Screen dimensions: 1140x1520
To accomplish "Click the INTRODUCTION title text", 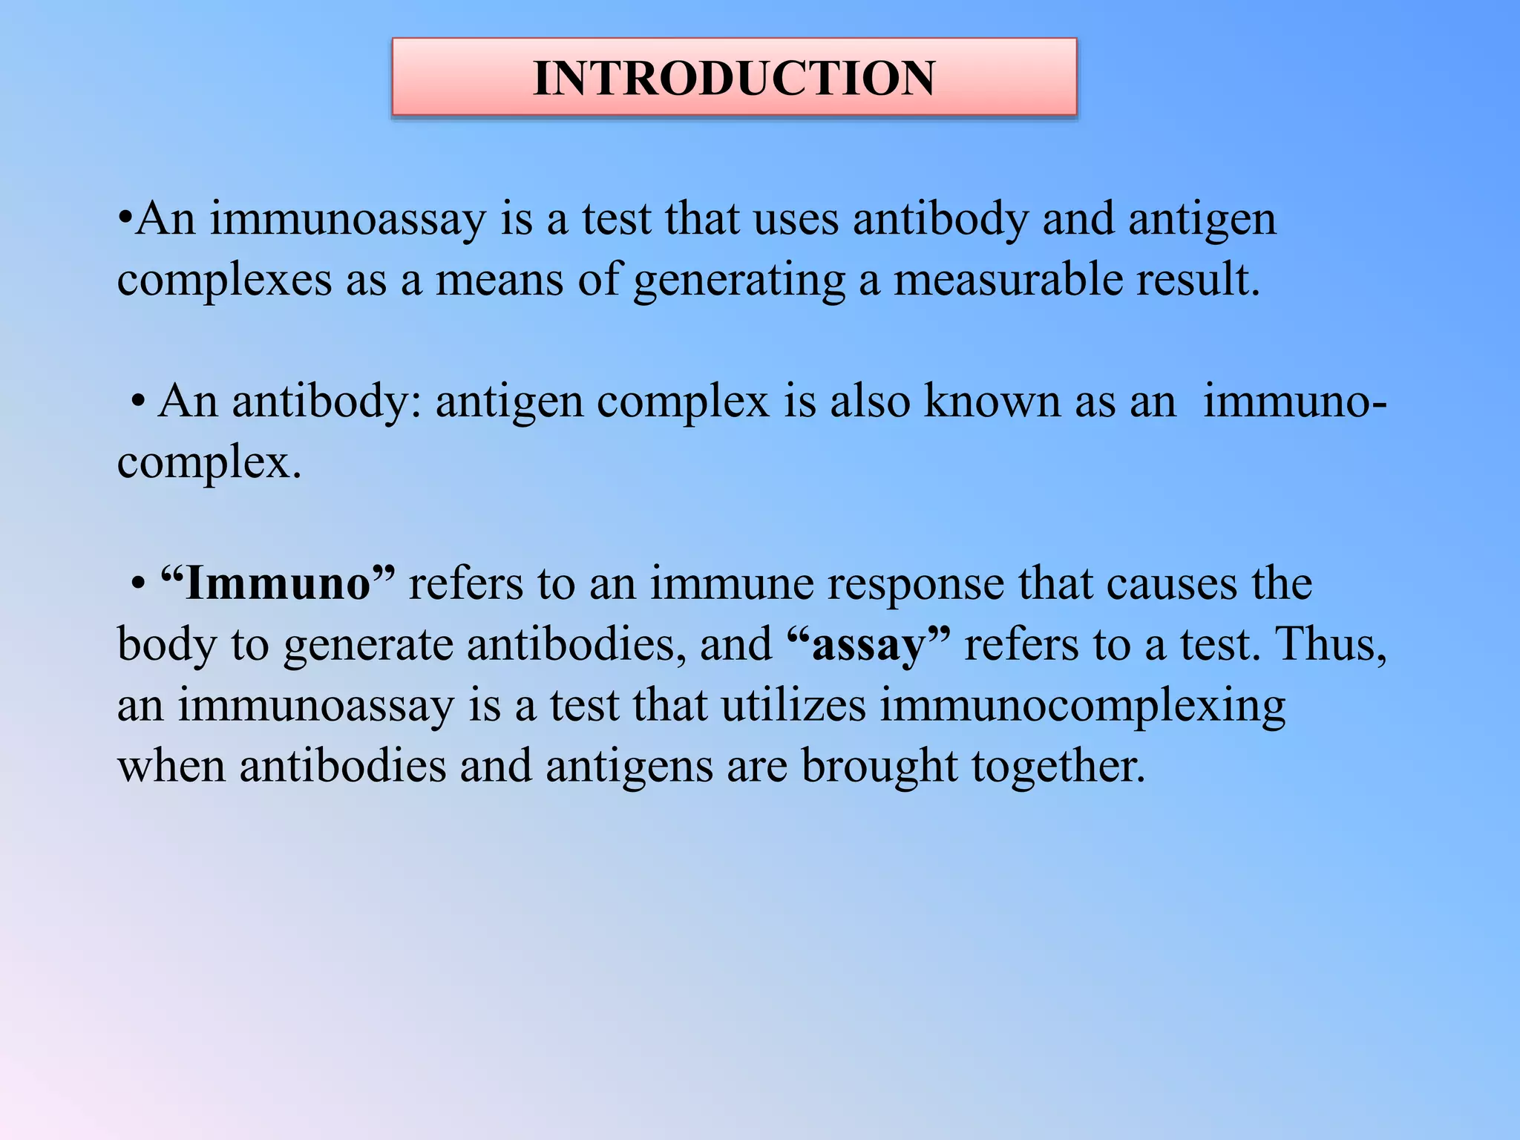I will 734,78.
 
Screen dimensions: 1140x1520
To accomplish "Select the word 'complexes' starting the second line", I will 224,281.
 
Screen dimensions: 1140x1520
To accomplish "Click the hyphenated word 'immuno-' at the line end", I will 1294,402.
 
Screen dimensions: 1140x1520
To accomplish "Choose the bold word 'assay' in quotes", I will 869,644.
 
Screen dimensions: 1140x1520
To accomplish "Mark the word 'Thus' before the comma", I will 1324,644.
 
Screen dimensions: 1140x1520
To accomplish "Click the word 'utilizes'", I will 793,705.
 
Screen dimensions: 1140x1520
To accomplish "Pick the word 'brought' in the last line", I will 879,767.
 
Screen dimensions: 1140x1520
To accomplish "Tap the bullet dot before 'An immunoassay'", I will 125,220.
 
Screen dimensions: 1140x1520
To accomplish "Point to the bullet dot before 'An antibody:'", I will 138,403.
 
